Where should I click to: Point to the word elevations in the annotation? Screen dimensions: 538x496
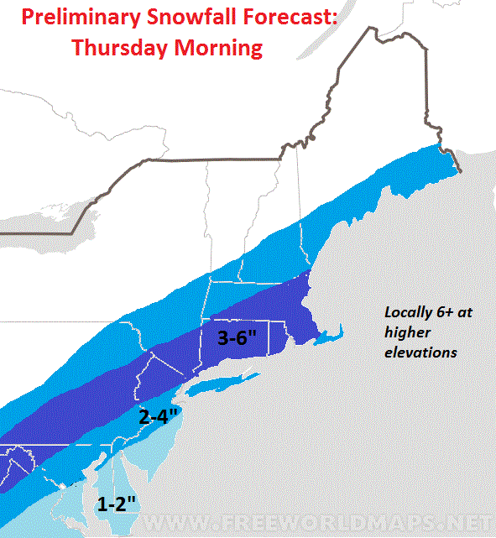click(x=420, y=353)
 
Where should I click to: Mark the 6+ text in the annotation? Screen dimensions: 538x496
click(x=446, y=311)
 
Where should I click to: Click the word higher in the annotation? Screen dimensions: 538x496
click(x=405, y=332)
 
